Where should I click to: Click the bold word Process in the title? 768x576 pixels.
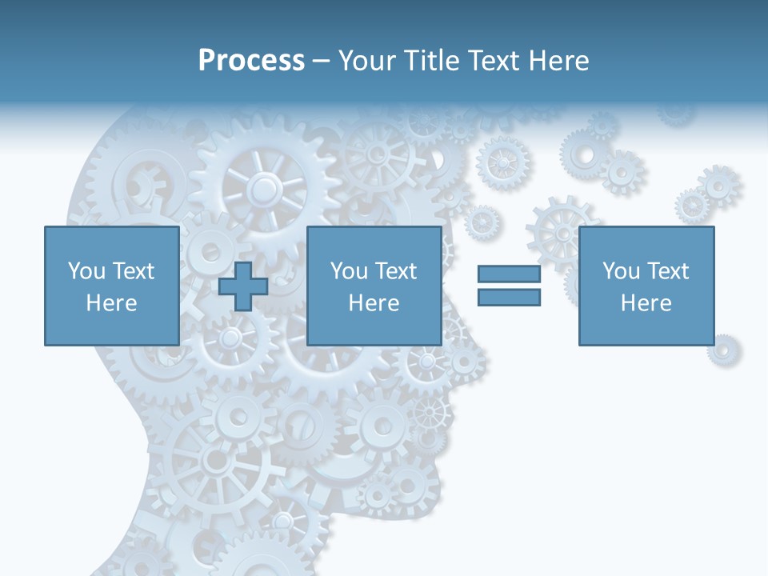coord(251,61)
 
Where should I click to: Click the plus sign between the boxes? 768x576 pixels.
coord(243,286)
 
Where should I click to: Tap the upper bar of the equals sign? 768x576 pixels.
coord(509,274)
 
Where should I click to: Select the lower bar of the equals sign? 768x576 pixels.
coord(509,297)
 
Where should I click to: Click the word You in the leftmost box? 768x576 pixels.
coord(86,270)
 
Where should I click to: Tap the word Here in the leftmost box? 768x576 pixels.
coord(111,303)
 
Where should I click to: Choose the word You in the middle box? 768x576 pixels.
coord(349,270)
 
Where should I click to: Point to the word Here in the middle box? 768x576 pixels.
coord(374,303)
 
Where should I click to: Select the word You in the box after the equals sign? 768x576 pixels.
coord(621,270)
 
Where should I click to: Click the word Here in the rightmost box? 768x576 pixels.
coord(646,303)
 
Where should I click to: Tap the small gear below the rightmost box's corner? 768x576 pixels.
coord(723,350)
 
